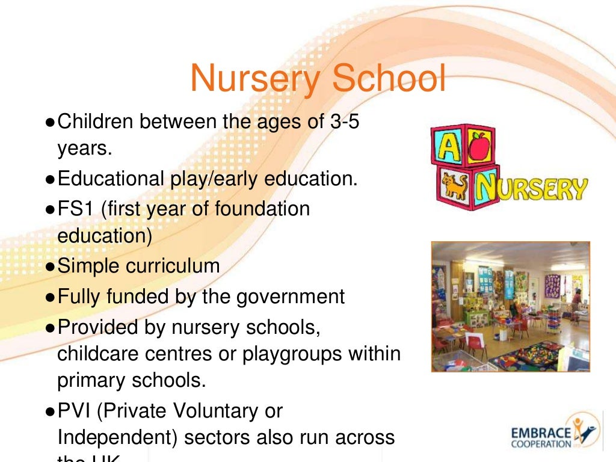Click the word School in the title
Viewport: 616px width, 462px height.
pos(390,79)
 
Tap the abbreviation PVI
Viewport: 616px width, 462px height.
pos(76,411)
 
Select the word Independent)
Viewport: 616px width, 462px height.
pos(118,437)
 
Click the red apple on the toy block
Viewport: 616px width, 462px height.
pos(479,147)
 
